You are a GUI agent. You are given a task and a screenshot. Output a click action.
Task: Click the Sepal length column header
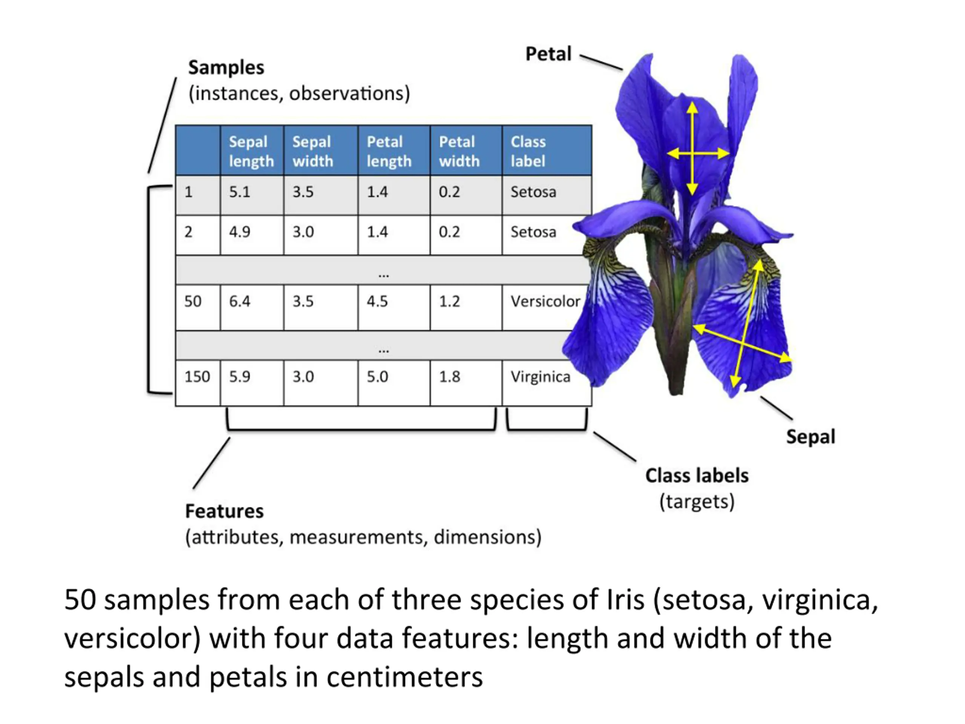[251, 151]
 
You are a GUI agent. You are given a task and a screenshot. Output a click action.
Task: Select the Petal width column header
[459, 151]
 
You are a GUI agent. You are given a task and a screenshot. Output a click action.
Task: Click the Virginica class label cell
[540, 377]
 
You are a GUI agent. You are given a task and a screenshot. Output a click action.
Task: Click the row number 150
[197, 377]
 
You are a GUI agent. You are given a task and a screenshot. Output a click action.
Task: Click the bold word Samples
[226, 67]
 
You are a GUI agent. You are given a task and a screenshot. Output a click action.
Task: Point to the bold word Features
[224, 511]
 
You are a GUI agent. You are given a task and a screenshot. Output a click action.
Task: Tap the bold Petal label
[548, 54]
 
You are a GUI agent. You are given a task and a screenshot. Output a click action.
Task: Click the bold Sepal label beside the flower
[810, 437]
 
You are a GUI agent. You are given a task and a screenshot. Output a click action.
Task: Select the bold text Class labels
[697, 476]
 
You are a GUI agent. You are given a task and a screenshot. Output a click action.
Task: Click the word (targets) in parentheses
[697, 502]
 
